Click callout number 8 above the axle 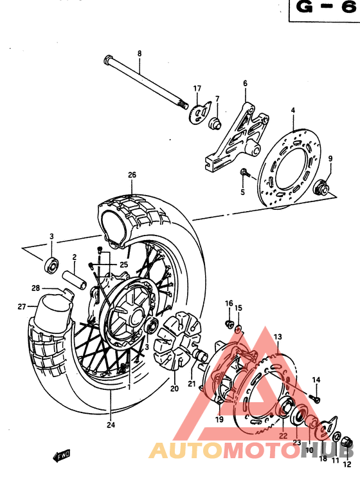coord(138,53)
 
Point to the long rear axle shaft coord(145,81)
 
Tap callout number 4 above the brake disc coord(292,111)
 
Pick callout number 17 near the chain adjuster coord(197,88)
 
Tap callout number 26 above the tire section coord(132,174)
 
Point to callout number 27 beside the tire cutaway coord(21,306)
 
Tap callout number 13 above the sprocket coord(278,337)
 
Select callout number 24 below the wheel coord(110,425)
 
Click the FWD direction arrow coord(61,456)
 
